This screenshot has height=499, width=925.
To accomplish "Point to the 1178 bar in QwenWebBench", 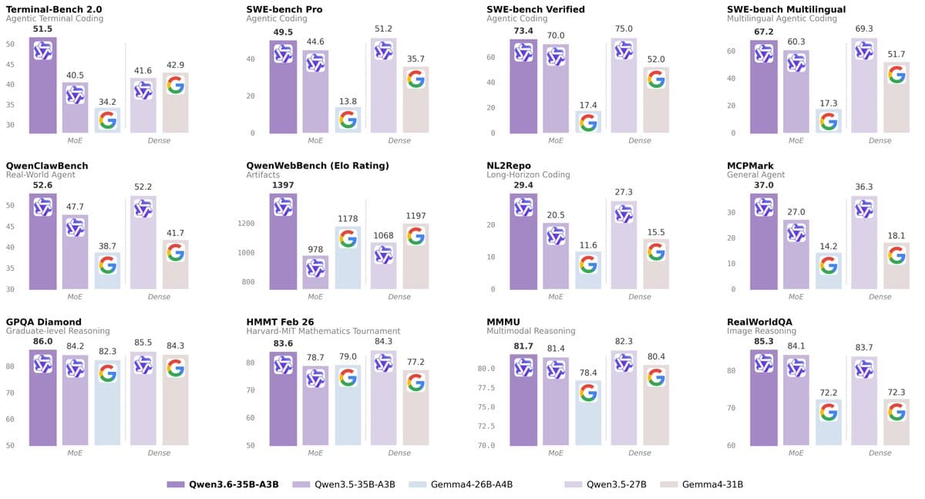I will point(348,258).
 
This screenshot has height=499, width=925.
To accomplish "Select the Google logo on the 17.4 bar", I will point(588,123).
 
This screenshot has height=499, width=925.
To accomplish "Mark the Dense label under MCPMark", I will point(880,296).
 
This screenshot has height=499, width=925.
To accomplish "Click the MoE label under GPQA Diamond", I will point(75,453).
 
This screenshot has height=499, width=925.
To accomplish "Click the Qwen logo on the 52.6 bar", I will point(42,207).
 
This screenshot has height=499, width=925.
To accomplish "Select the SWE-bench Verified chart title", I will point(536,8).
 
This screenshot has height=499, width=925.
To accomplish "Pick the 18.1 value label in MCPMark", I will point(896,236).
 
